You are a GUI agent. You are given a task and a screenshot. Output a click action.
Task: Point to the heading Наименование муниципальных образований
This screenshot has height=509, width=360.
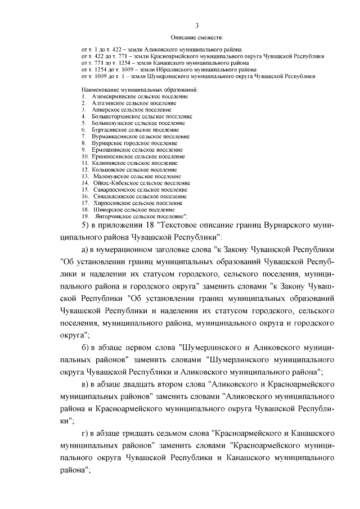click(x=140, y=90)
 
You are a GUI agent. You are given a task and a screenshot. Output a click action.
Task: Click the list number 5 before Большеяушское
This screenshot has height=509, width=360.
click(x=83, y=123)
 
